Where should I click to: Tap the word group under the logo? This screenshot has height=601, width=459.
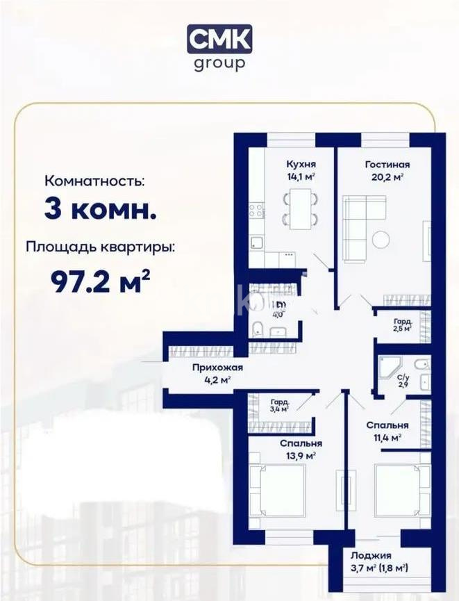coord(219,63)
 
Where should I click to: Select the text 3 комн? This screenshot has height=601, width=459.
coord(100,208)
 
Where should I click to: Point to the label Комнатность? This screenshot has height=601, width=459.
coord(95,181)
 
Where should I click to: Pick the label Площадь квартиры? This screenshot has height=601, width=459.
coord(101,247)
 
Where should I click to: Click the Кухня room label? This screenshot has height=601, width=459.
coord(301,165)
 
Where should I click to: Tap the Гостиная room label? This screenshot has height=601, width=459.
coord(387,165)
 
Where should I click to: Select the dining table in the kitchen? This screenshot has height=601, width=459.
coord(301,208)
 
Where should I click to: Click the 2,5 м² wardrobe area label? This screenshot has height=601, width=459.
coord(403,325)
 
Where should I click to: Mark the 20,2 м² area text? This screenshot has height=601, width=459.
coord(387,177)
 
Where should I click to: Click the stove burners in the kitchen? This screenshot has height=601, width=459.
coord(257,208)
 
